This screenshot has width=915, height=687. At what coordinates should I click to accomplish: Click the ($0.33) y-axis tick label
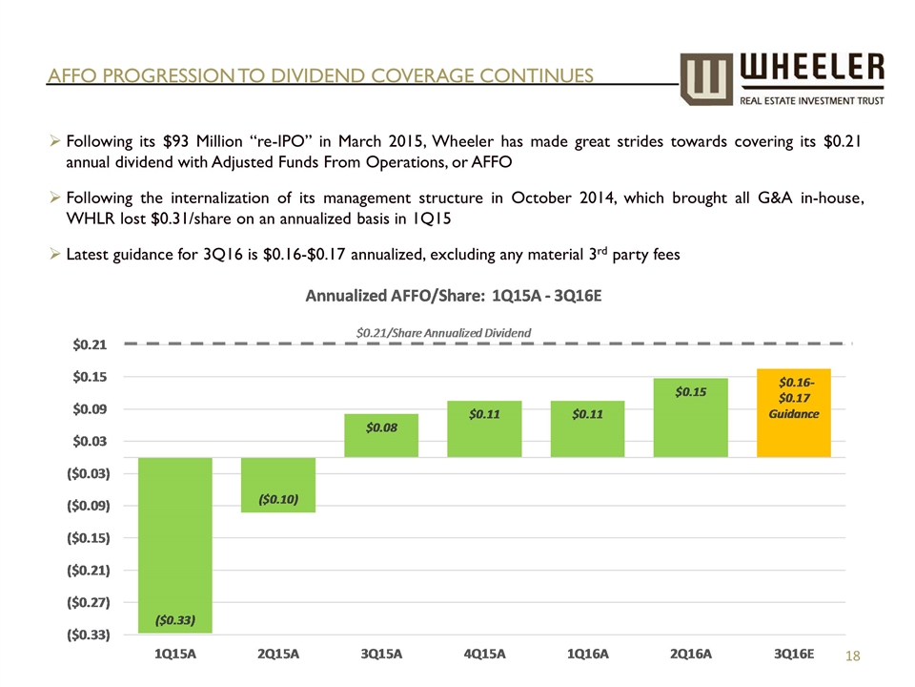(86, 635)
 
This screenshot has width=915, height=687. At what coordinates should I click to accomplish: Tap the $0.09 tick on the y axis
(92, 408)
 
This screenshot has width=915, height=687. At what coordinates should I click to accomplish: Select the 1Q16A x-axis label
(587, 655)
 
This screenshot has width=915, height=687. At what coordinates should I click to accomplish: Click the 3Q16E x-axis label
(794, 655)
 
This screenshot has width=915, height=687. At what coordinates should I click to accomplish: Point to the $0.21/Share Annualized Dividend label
(443, 332)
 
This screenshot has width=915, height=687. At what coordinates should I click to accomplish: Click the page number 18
(856, 656)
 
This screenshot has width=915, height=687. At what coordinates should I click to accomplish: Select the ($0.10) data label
(278, 499)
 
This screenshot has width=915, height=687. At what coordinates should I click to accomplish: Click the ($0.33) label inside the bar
(175, 619)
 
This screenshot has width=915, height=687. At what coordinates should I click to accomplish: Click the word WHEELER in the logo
(812, 68)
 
